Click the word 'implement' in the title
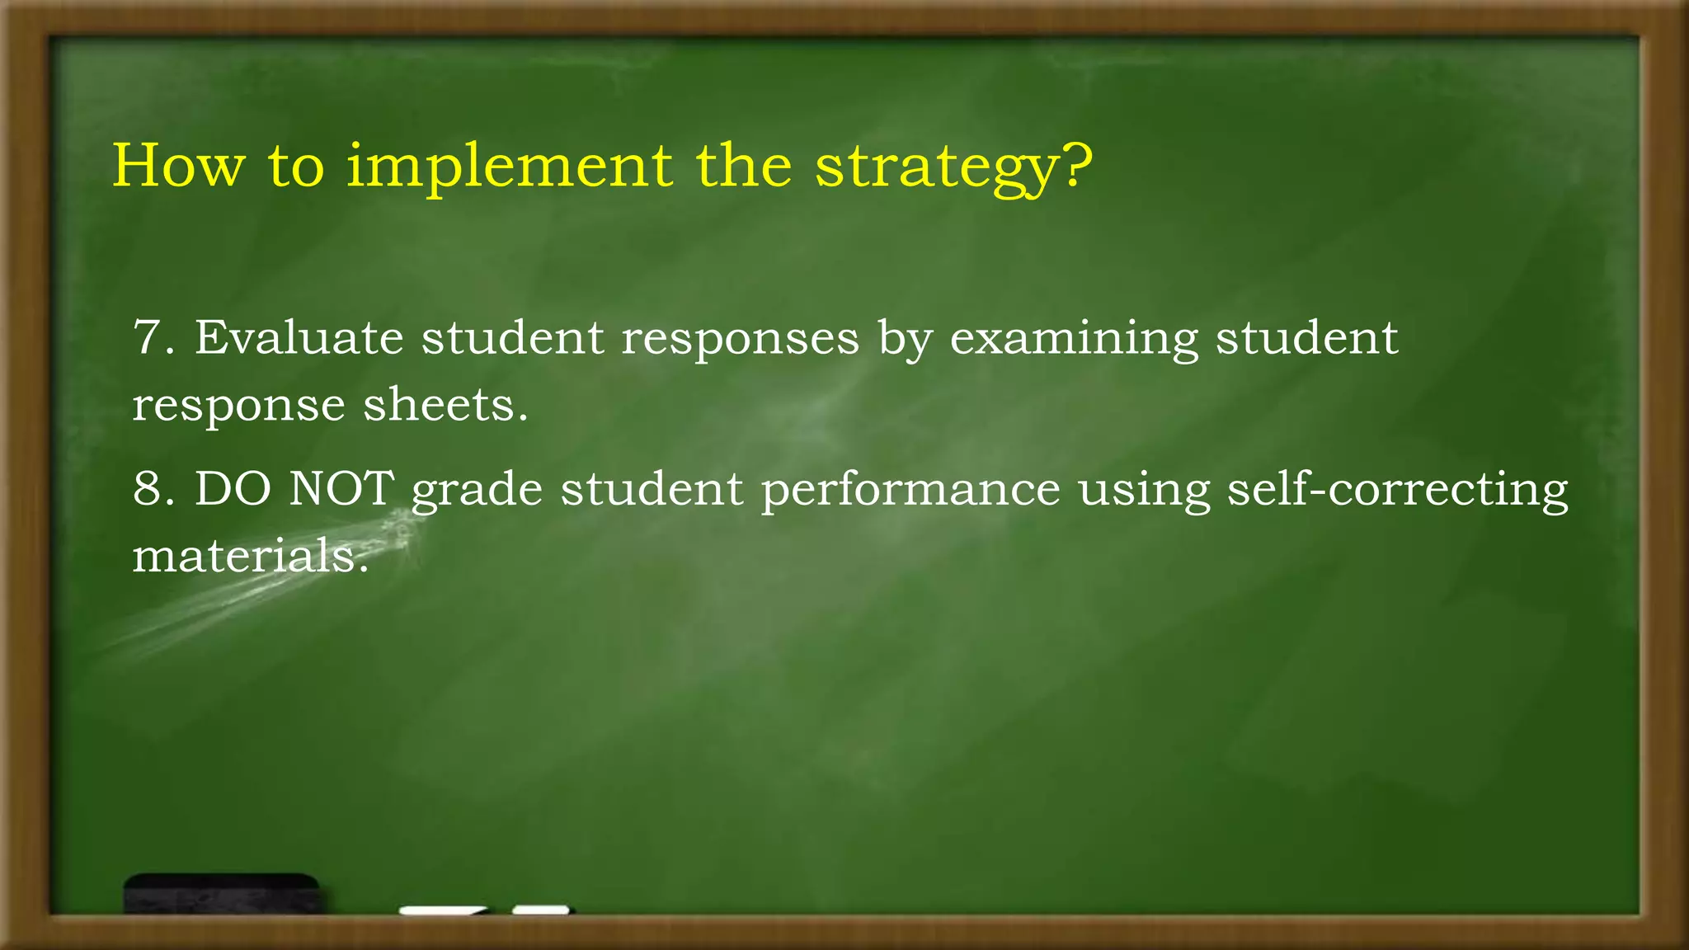click(508, 167)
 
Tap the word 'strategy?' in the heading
click(953, 168)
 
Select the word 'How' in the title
click(178, 167)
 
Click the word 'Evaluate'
click(299, 338)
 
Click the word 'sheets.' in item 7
click(445, 405)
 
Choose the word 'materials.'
click(250, 556)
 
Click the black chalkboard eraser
click(222, 893)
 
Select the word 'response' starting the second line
click(238, 407)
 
